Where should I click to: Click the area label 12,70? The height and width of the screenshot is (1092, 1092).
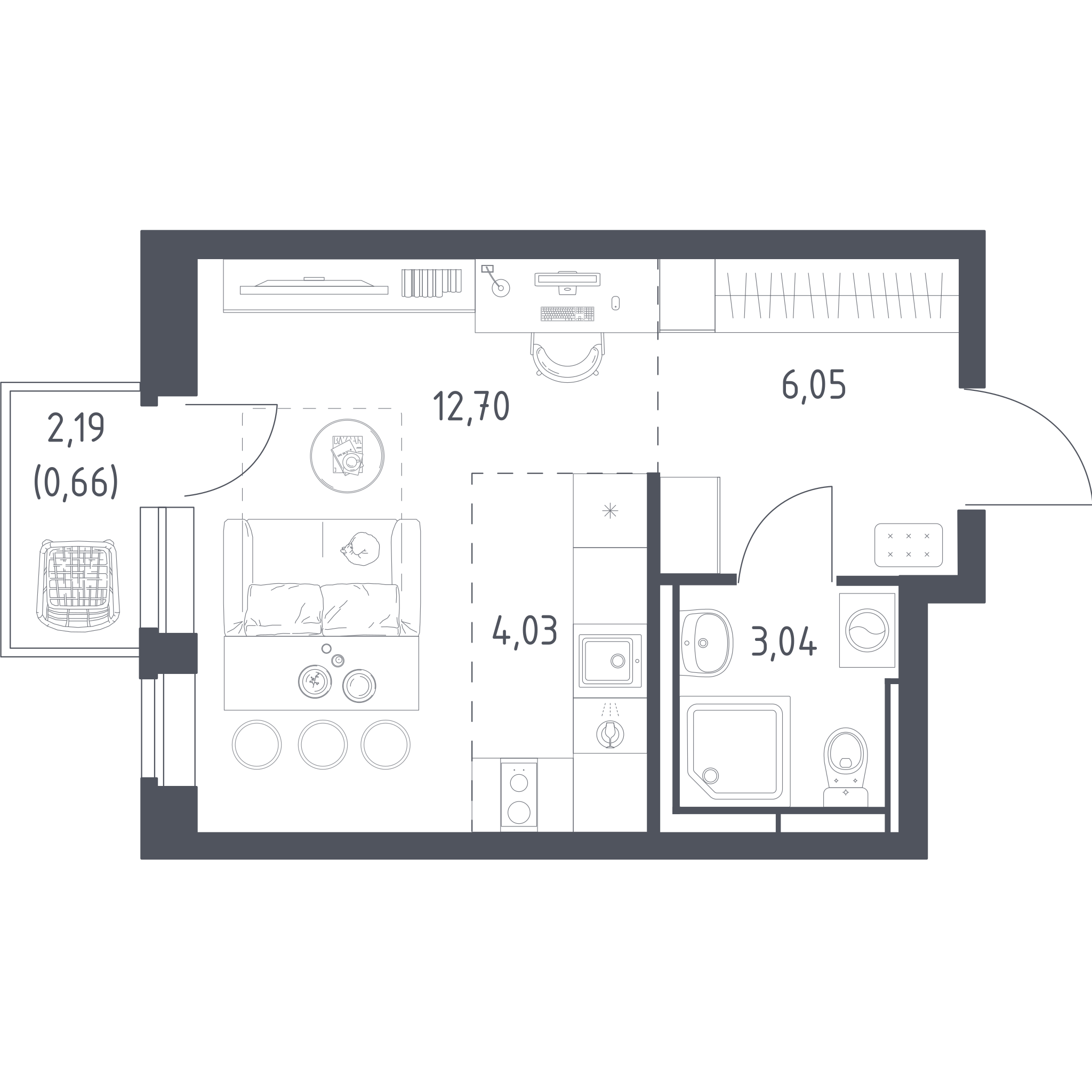[471, 406]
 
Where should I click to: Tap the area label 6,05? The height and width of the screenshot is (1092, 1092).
[814, 385]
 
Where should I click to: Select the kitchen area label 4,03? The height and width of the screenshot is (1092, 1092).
[525, 631]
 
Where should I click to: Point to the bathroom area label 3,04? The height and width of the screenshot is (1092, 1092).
[784, 643]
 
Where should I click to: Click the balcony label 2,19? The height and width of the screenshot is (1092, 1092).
[76, 429]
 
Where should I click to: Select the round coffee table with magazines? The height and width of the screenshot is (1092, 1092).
[347, 455]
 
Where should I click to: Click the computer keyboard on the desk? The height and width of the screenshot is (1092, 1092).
[567, 314]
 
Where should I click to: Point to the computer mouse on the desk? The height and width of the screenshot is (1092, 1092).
[615, 303]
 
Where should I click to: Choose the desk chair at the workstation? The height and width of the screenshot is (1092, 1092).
[567, 357]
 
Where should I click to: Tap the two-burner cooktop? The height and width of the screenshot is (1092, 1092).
[519, 795]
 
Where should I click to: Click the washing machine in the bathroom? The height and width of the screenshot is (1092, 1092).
[867, 630]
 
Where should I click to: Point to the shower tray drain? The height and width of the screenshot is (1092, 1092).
[710, 775]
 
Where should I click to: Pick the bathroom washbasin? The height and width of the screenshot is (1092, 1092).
[706, 643]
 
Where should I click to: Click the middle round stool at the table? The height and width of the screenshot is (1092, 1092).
[323, 744]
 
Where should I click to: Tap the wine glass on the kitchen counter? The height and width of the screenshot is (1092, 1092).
[610, 734]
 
